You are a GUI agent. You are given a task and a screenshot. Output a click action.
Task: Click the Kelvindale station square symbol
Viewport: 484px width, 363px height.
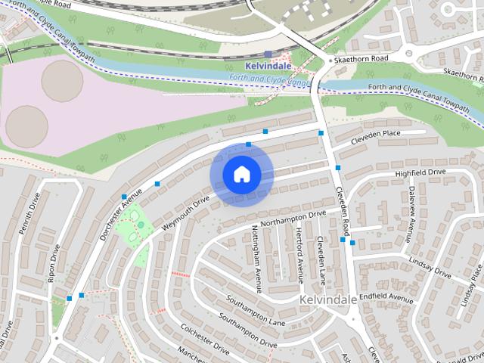tap(268, 54)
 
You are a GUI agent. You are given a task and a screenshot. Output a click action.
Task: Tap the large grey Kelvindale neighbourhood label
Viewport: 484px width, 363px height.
tap(327, 300)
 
